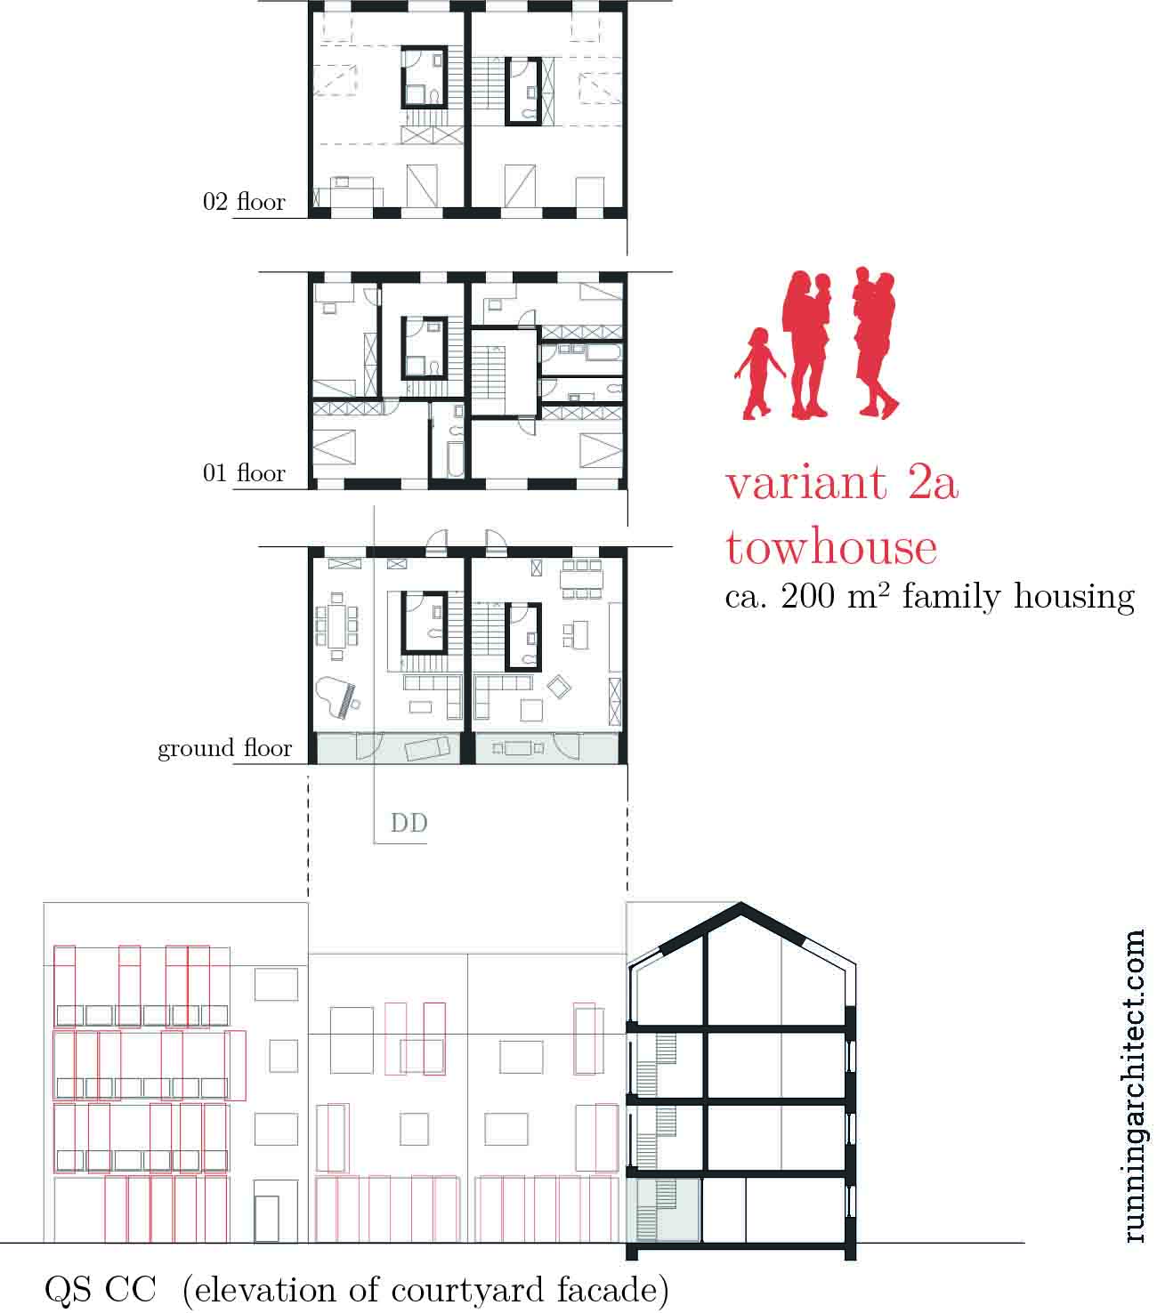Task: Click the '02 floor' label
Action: (244, 202)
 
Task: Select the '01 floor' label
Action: (244, 473)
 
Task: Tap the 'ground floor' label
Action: (225, 748)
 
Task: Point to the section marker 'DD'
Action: (409, 823)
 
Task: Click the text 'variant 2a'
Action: (842, 483)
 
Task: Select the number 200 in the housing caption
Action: (807, 596)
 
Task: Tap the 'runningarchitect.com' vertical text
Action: (1134, 1086)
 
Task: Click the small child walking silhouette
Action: (759, 374)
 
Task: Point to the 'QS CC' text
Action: (101, 1290)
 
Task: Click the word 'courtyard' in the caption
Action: (467, 1291)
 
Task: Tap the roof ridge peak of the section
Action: (740, 905)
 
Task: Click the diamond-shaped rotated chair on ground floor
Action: (558, 687)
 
